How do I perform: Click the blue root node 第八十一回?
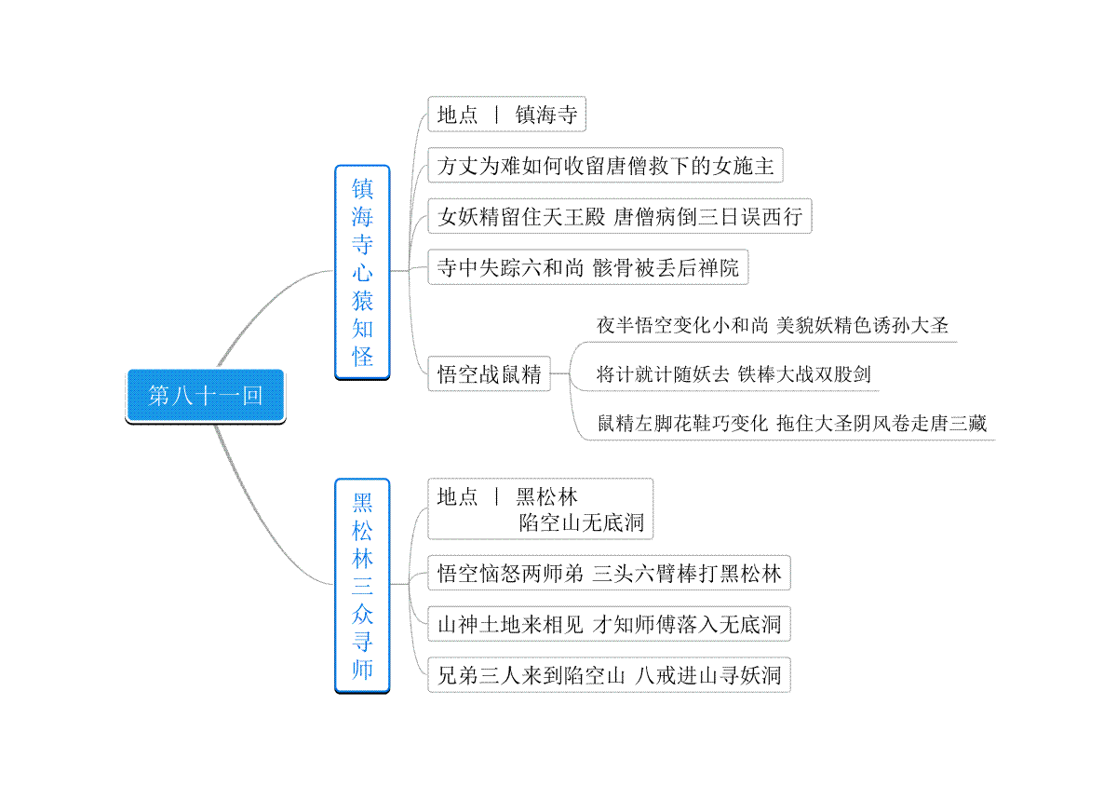pyautogui.click(x=206, y=396)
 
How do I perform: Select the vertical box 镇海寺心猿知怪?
pyautogui.click(x=362, y=272)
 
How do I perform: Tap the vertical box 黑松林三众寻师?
pyautogui.click(x=362, y=586)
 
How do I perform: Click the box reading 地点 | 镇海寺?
pyautogui.click(x=506, y=115)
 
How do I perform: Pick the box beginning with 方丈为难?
pyautogui.click(x=605, y=165)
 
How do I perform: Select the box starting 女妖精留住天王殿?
pyautogui.click(x=620, y=216)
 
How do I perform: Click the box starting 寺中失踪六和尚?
pyautogui.click(x=588, y=267)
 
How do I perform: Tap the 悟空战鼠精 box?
pyautogui.click(x=490, y=373)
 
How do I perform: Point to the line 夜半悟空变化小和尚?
pyautogui.click(x=772, y=325)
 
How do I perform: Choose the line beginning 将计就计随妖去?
pyautogui.click(x=733, y=374)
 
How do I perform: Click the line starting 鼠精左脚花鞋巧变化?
pyautogui.click(x=792, y=423)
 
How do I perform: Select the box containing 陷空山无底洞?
pyautogui.click(x=541, y=509)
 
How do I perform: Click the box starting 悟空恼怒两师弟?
pyautogui.click(x=609, y=573)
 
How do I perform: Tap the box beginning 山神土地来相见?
pyautogui.click(x=609, y=624)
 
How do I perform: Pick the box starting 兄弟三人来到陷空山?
pyautogui.click(x=609, y=675)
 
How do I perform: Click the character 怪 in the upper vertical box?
pyautogui.click(x=362, y=357)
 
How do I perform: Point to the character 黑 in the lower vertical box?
pyautogui.click(x=362, y=503)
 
